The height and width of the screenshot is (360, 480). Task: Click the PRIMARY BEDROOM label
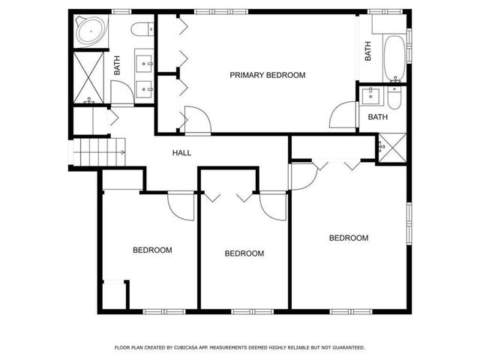tap(268, 75)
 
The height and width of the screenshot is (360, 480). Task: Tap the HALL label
tap(181, 153)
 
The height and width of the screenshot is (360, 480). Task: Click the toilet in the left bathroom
tap(139, 31)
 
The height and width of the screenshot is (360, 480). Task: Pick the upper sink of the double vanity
tap(145, 63)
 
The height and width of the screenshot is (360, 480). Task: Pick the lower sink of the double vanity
tap(145, 88)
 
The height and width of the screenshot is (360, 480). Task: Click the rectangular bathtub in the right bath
tap(392, 58)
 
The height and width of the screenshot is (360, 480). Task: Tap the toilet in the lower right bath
tap(395, 97)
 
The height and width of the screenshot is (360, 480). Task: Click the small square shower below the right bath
tap(391, 145)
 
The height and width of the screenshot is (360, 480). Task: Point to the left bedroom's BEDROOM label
tap(152, 250)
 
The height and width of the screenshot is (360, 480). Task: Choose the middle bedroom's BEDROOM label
tap(244, 253)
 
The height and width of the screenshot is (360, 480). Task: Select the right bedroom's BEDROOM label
tap(349, 238)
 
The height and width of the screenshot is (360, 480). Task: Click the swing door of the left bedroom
tap(182, 204)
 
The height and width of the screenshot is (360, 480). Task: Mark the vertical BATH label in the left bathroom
tap(117, 67)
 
